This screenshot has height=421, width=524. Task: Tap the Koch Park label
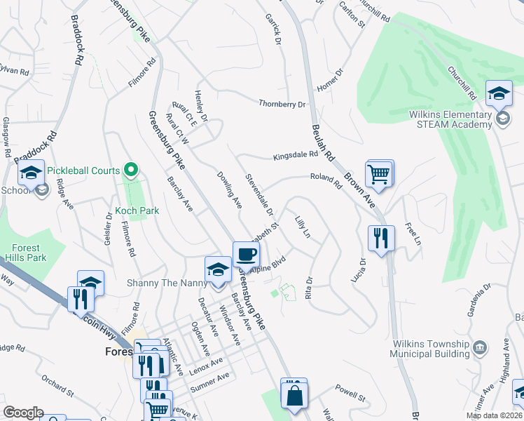click(139, 210)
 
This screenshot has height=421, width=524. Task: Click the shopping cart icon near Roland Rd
click(379, 173)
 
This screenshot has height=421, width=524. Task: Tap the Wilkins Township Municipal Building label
click(429, 349)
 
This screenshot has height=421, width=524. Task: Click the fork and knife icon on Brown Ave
click(381, 239)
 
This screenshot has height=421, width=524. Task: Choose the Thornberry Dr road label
click(283, 104)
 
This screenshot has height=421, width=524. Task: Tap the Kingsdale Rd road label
click(295, 156)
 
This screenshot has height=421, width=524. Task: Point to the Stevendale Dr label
click(259, 193)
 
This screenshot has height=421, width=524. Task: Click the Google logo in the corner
click(23, 413)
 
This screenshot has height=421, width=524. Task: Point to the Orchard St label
click(57, 385)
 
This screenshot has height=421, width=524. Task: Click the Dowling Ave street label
click(229, 190)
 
